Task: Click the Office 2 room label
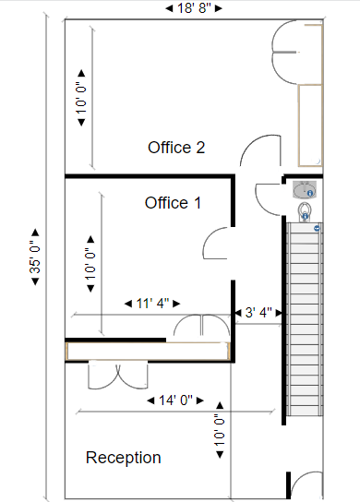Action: [176, 148]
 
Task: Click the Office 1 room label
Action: [173, 203]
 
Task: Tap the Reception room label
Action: [124, 458]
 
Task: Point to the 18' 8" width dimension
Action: [194, 8]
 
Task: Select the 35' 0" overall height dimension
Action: [35, 257]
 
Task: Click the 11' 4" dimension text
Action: [152, 304]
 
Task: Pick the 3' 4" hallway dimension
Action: [258, 313]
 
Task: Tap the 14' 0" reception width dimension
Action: [175, 400]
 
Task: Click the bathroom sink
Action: [305, 189]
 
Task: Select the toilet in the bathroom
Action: [305, 211]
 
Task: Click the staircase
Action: [305, 319]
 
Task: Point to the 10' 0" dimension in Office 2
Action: [81, 98]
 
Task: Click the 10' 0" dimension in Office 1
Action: [90, 264]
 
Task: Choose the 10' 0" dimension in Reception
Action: [220, 430]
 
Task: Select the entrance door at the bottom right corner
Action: [306, 485]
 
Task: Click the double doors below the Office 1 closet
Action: [118, 375]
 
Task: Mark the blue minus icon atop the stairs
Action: [318, 228]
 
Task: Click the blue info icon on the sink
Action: [310, 194]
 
